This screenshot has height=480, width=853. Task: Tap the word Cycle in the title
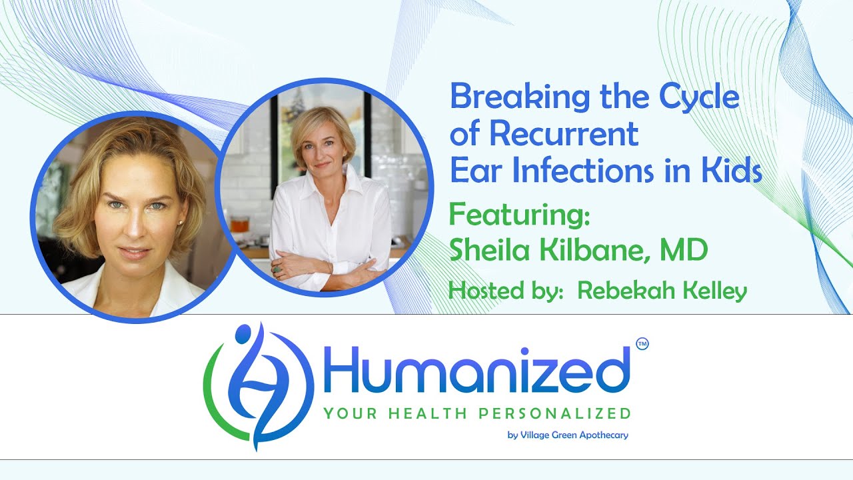tap(699, 98)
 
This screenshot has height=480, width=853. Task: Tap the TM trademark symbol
tap(642, 344)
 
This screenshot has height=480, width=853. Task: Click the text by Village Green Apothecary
tap(568, 435)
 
